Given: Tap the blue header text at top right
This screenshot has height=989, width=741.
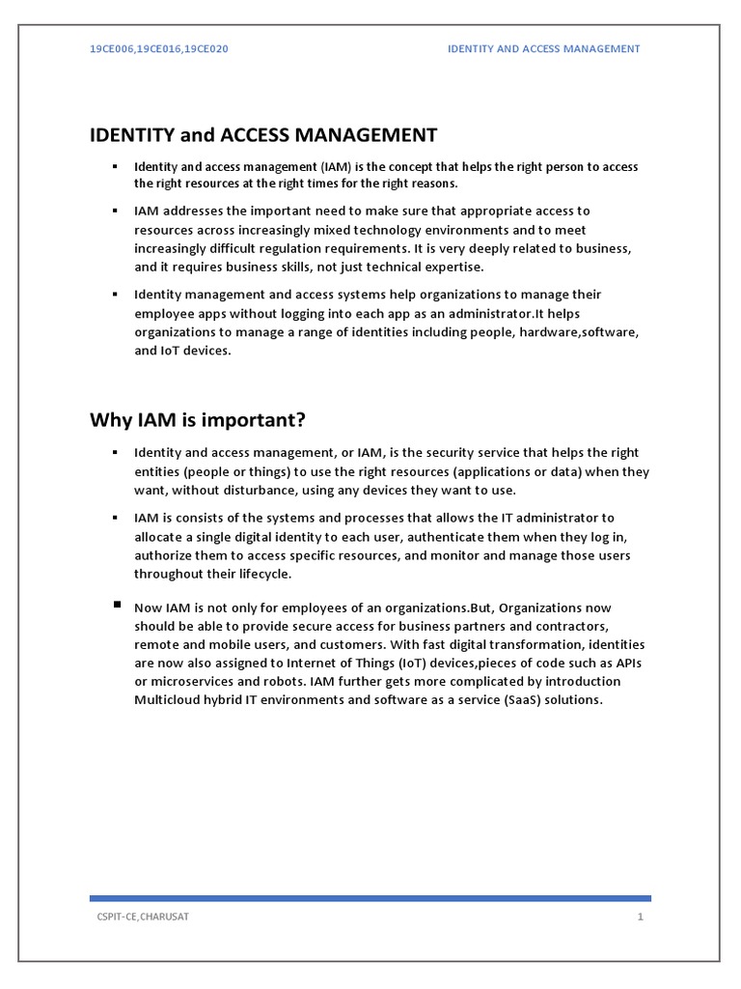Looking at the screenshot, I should (543, 48).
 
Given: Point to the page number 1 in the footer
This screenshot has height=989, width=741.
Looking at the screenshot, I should (639, 916).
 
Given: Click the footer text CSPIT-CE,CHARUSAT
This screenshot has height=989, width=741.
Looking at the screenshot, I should (136, 916).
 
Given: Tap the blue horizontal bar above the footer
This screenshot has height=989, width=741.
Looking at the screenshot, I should (370, 897).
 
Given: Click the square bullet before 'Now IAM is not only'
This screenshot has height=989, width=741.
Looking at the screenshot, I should (117, 605).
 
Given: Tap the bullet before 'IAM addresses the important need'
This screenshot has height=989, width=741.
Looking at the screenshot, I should (115, 210).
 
